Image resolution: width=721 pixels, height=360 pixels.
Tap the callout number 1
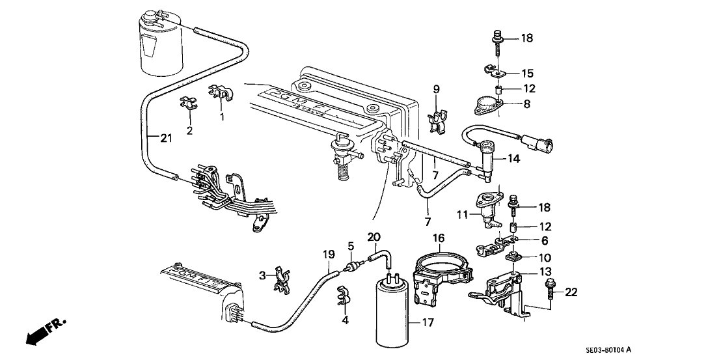tap(221, 118)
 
